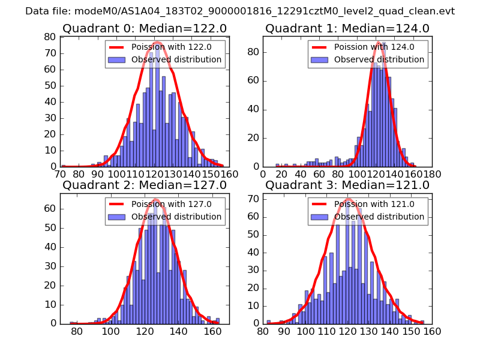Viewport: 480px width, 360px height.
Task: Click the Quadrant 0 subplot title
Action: [145, 28]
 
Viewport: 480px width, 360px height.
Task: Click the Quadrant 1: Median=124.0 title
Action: [347, 28]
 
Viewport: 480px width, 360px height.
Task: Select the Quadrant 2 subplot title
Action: [145, 185]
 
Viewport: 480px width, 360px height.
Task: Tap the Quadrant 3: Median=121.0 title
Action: [347, 185]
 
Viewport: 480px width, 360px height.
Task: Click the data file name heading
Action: [240, 11]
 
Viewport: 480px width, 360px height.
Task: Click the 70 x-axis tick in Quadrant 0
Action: [61, 174]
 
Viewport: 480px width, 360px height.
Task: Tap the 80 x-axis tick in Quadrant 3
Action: [263, 331]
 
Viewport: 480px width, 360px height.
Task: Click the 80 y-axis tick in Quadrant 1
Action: [252, 52]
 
